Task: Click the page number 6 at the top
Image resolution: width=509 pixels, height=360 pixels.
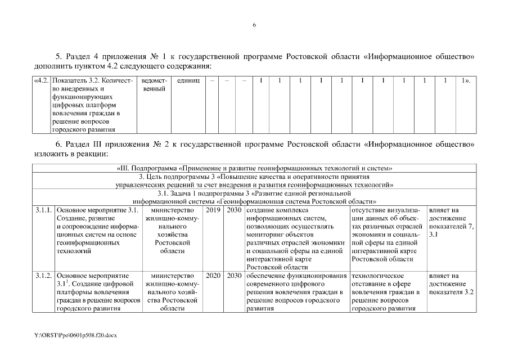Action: [254, 25]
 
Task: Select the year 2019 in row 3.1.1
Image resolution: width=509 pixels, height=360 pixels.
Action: [213, 210]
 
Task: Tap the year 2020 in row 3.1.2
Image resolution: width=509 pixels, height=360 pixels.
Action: [213, 276]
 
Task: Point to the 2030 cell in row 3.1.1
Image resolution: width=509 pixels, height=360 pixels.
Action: [233, 210]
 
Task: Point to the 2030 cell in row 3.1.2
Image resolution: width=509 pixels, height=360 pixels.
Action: [233, 276]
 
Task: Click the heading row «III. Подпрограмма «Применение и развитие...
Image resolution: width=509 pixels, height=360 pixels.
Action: [254, 168]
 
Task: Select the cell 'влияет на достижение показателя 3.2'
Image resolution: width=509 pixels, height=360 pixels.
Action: [451, 284]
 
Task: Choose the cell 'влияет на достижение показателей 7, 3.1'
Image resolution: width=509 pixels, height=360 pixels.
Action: [451, 222]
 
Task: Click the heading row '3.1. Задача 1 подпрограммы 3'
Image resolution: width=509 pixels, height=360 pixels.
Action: [254, 197]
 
